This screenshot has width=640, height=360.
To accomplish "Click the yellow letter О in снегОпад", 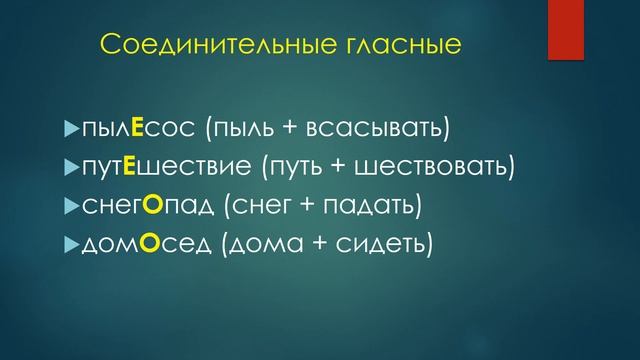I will click(151, 205).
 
